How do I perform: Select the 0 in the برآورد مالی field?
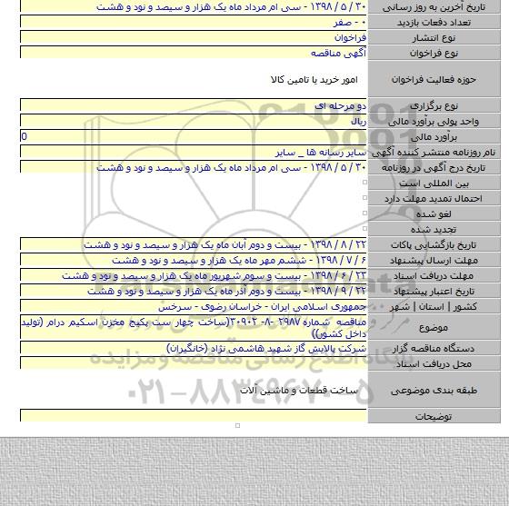(x=24, y=134)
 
